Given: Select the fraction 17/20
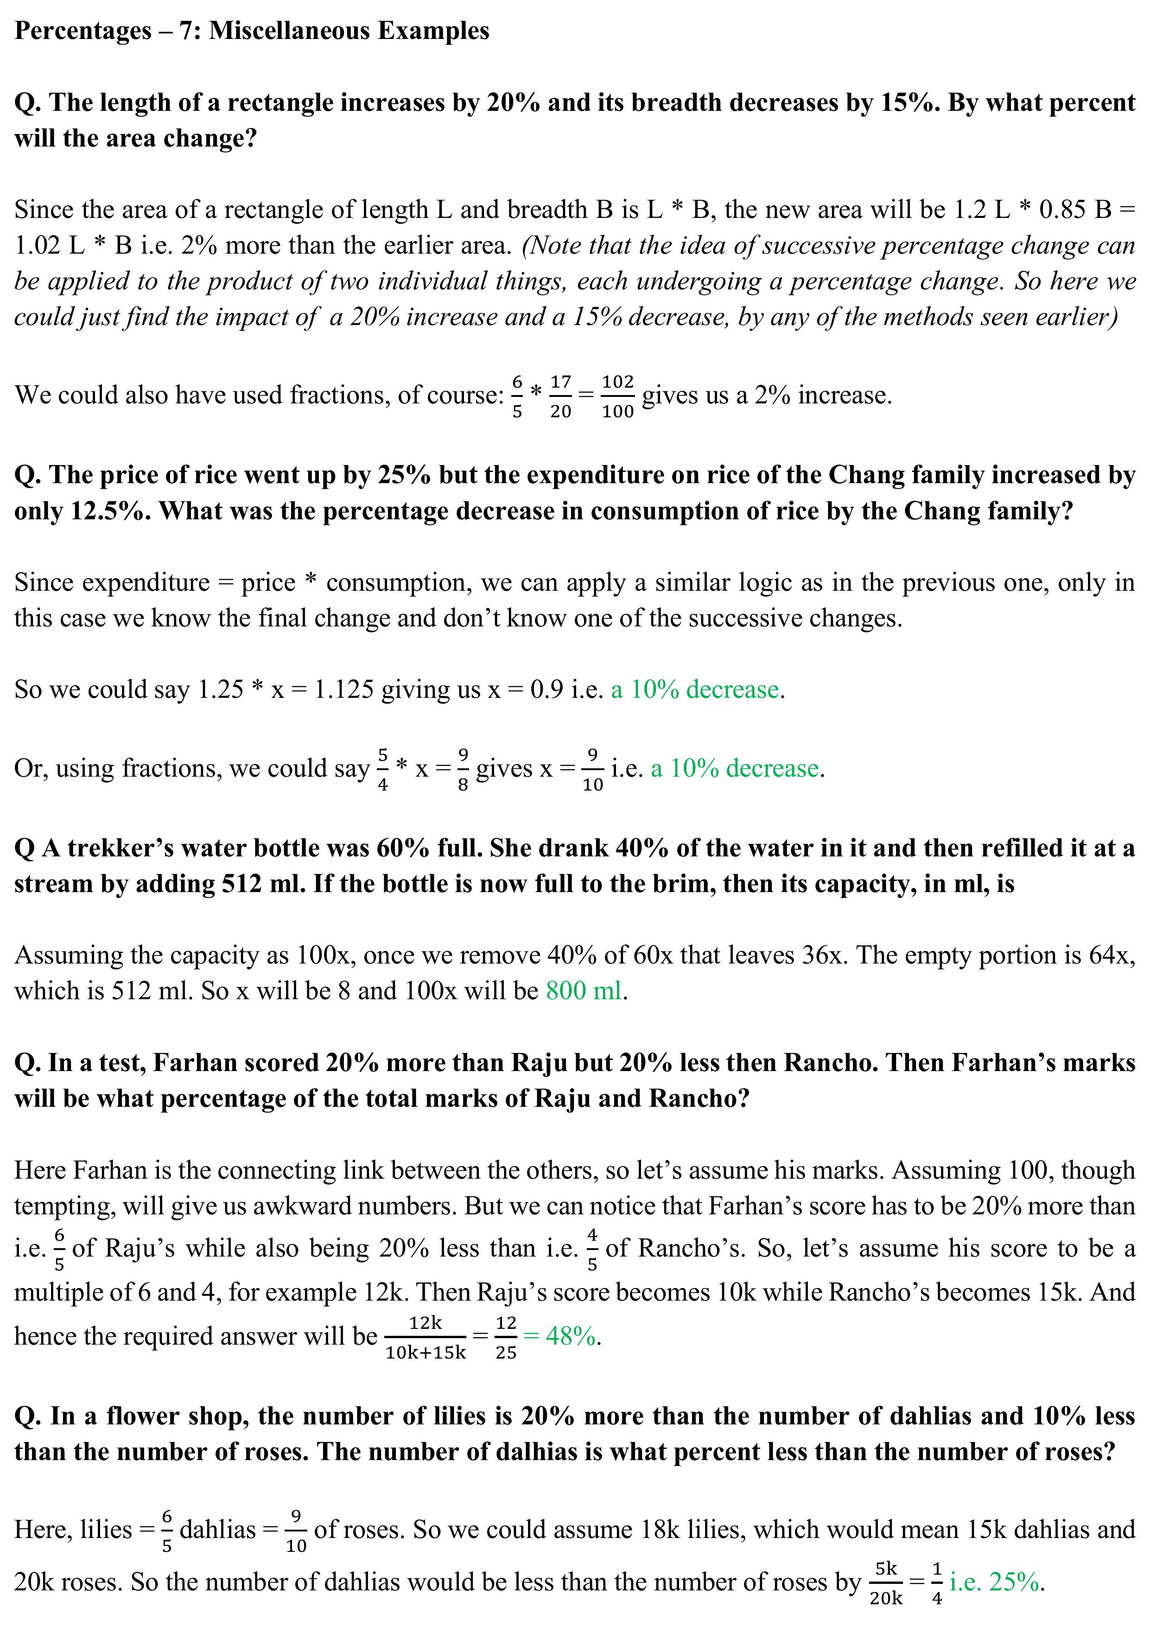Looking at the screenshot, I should [x=560, y=396].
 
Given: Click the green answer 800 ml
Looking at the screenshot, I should [x=584, y=991].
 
